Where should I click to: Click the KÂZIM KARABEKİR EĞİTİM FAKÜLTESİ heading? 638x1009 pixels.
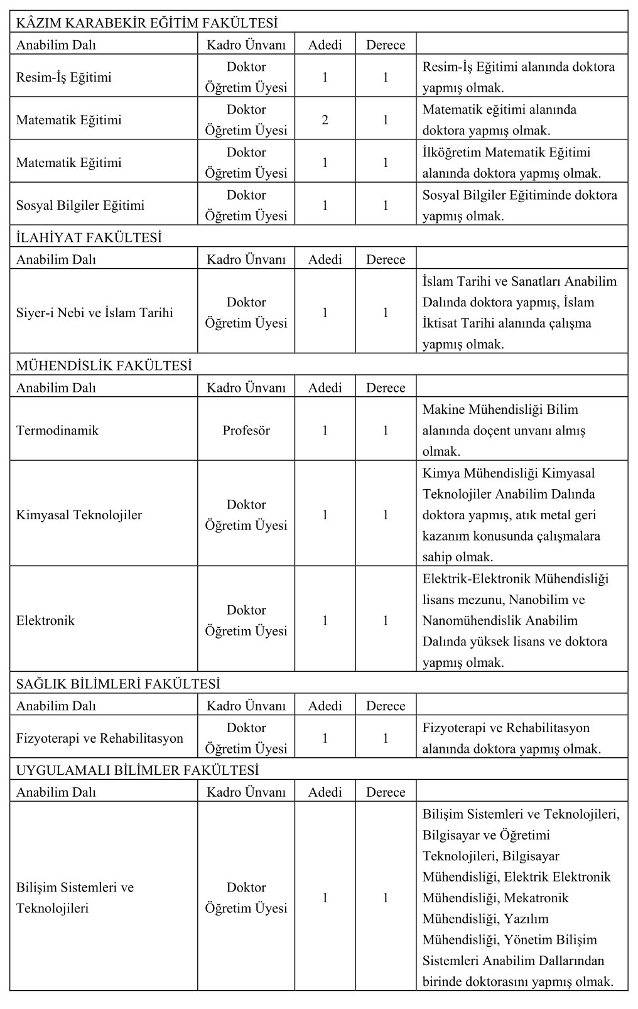pyautogui.click(x=147, y=23)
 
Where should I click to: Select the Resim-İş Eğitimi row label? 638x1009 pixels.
pyautogui.click(x=64, y=77)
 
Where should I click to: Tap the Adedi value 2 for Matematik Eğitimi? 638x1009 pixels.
pyautogui.click(x=325, y=120)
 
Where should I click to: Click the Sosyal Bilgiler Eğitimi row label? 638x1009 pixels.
pyautogui.click(x=80, y=205)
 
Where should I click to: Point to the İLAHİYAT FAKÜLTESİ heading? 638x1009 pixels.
pyautogui.click(x=89, y=237)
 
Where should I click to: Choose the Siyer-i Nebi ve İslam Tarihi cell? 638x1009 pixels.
pyautogui.click(x=95, y=313)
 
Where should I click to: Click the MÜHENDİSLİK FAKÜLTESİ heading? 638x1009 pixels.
pyautogui.click(x=104, y=365)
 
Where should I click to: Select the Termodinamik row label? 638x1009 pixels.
pyautogui.click(x=57, y=431)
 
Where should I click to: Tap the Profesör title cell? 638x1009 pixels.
pyautogui.click(x=246, y=431)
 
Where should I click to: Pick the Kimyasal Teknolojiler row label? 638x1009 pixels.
pyautogui.click(x=79, y=515)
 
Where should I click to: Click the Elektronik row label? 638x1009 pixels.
pyautogui.click(x=45, y=620)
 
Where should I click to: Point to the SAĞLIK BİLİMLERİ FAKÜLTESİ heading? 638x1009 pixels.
pyautogui.click(x=118, y=684)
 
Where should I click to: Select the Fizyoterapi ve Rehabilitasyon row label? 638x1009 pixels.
pyautogui.click(x=100, y=738)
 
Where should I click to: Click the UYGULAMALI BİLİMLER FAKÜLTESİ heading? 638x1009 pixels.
pyautogui.click(x=138, y=770)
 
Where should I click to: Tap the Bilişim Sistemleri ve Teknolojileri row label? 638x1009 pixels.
pyautogui.click(x=75, y=898)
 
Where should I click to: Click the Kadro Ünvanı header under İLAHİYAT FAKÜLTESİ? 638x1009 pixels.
pyautogui.click(x=246, y=259)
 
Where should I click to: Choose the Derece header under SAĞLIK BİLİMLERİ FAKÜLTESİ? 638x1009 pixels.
pyautogui.click(x=386, y=706)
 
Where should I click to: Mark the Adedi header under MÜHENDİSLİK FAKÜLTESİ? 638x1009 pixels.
pyautogui.click(x=325, y=387)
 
